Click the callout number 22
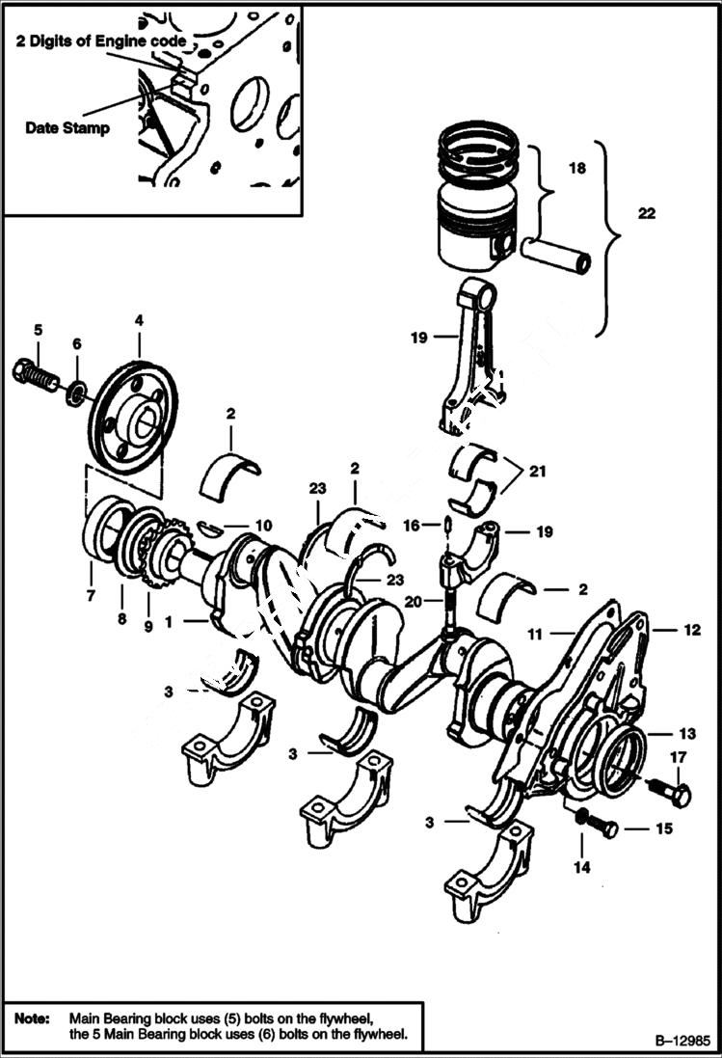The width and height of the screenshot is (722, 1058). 646,213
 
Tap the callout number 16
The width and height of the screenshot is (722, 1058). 411,525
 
